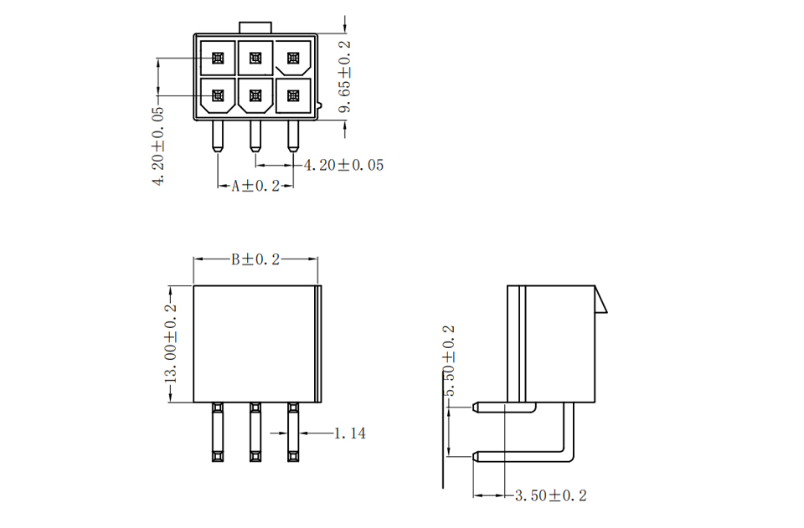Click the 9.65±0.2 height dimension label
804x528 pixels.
point(345,76)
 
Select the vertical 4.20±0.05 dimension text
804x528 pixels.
point(158,146)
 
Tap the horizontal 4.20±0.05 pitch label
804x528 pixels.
point(343,165)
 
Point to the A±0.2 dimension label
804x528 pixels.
point(255,186)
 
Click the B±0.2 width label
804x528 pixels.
point(255,259)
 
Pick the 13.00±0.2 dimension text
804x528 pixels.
point(170,344)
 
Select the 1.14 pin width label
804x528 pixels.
point(350,433)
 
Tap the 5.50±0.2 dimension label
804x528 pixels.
point(449,361)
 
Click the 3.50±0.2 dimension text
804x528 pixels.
point(551,495)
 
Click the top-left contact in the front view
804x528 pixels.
point(218,58)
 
